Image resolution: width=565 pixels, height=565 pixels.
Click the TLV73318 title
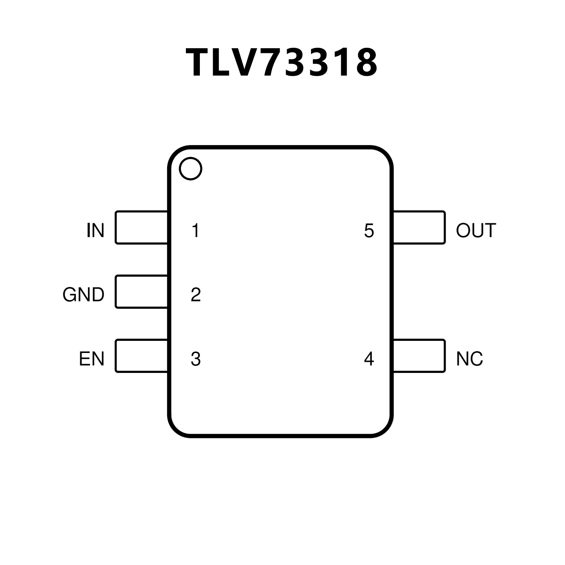click(x=282, y=63)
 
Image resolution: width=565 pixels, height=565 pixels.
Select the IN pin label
click(x=95, y=230)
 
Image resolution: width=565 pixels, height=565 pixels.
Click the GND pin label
click(x=84, y=294)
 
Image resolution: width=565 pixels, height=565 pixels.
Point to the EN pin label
click(x=92, y=359)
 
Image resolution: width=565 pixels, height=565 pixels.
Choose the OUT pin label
click(x=476, y=230)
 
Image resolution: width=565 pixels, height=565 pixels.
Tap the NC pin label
click(x=469, y=359)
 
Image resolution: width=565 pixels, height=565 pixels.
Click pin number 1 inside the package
click(x=195, y=230)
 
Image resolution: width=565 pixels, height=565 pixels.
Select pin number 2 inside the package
click(x=196, y=294)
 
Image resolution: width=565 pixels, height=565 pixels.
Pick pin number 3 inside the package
click(x=196, y=359)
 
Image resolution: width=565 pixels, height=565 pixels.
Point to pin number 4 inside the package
click(x=369, y=359)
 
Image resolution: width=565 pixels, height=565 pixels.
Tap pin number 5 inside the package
click(x=369, y=231)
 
